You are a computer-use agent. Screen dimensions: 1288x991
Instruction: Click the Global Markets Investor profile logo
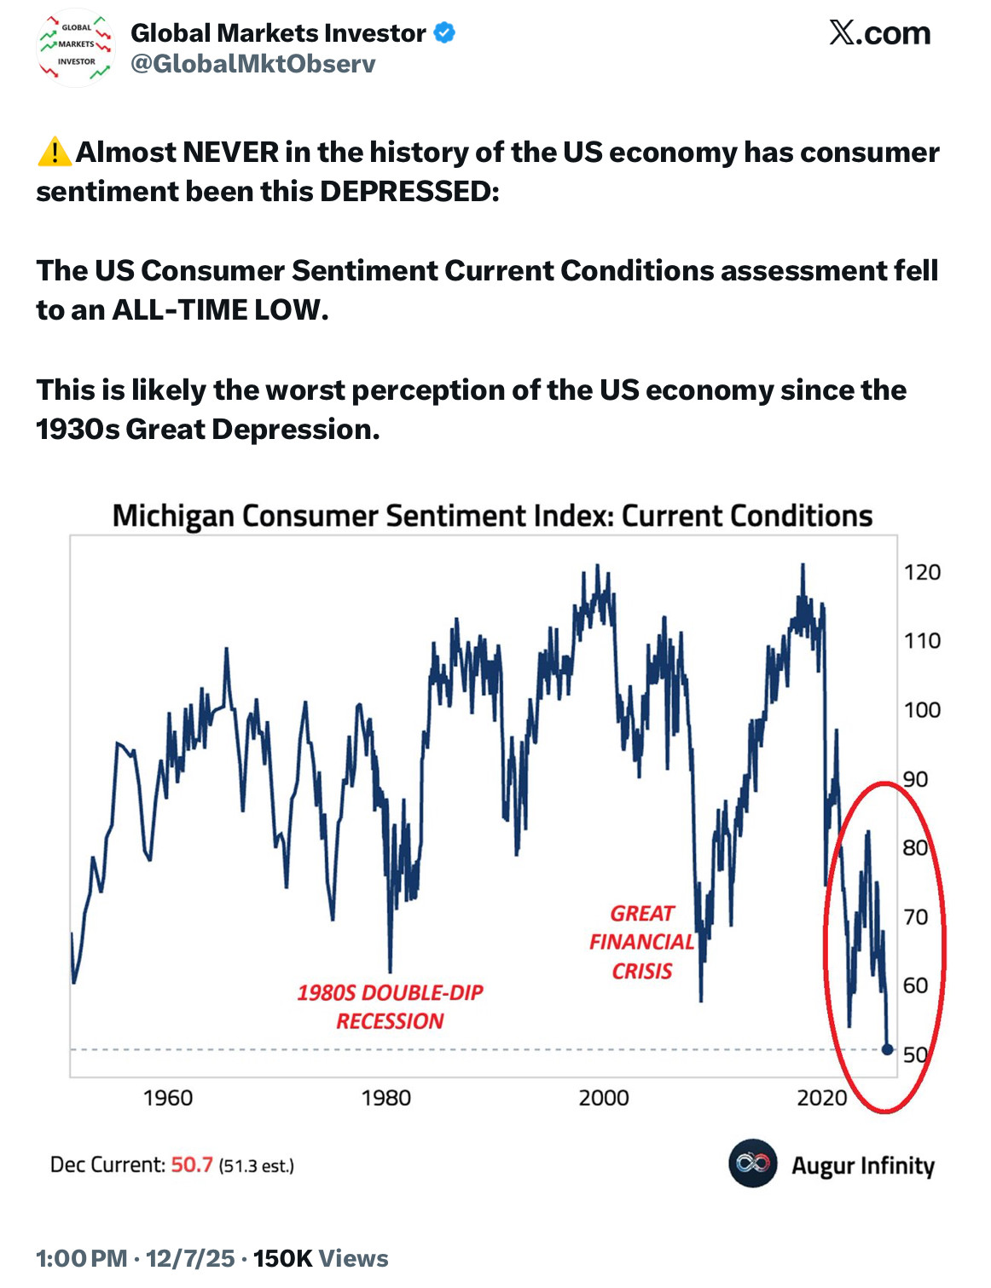[x=76, y=49]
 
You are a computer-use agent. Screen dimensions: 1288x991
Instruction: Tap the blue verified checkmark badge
[x=444, y=33]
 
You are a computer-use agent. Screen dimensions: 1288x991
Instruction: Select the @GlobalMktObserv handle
[x=252, y=64]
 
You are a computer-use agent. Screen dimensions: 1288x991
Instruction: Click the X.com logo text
[x=879, y=33]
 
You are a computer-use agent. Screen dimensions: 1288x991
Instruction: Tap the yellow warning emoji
[x=55, y=152]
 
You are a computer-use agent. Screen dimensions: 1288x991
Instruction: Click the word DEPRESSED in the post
[x=407, y=192]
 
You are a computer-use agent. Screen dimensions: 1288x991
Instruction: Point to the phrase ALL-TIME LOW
[x=218, y=309]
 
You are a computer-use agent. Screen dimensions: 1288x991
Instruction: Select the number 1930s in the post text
[x=78, y=429]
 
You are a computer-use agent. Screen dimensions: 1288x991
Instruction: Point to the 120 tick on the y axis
[x=922, y=572]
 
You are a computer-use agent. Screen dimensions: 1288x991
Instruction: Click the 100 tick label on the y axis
[x=922, y=709]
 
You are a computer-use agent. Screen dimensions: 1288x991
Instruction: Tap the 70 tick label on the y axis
[x=916, y=916]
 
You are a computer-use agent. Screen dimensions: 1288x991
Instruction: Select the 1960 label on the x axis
[x=168, y=1097]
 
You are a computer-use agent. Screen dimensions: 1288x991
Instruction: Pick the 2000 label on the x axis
[x=604, y=1097]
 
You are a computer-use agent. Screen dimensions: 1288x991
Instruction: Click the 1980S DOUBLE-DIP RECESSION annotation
[x=390, y=1007]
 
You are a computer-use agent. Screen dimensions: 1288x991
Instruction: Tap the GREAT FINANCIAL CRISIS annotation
[x=642, y=942]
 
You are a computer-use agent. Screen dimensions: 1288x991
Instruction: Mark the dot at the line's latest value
[x=887, y=1049]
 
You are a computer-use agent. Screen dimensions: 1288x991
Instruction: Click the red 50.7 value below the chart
[x=192, y=1164]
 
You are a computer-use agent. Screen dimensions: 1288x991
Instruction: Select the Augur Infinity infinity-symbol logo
[x=752, y=1164]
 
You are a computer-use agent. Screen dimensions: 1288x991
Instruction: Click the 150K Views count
[x=321, y=1258]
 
